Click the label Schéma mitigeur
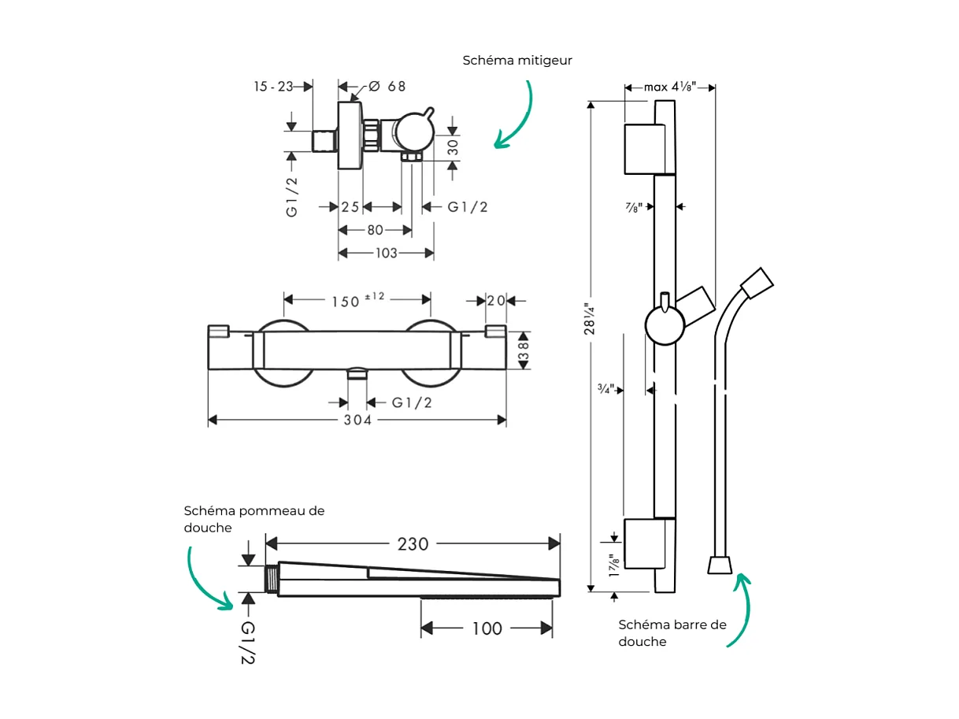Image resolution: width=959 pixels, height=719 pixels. (517, 60)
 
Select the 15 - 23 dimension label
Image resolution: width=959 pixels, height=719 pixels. (272, 87)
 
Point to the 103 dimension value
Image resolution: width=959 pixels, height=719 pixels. (386, 254)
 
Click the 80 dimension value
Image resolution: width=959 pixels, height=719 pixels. (375, 230)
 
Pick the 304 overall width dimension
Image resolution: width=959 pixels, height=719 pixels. (357, 421)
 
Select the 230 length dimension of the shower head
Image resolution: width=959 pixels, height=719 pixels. (413, 544)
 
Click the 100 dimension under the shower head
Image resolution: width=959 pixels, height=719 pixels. (487, 628)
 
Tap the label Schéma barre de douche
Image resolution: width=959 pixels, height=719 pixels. (672, 633)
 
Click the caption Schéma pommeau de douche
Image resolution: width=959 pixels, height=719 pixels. (254, 519)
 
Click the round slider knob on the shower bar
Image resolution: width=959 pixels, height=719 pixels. (665, 324)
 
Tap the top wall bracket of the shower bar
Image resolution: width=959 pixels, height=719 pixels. (649, 149)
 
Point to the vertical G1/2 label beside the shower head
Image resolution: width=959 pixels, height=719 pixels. (248, 643)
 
